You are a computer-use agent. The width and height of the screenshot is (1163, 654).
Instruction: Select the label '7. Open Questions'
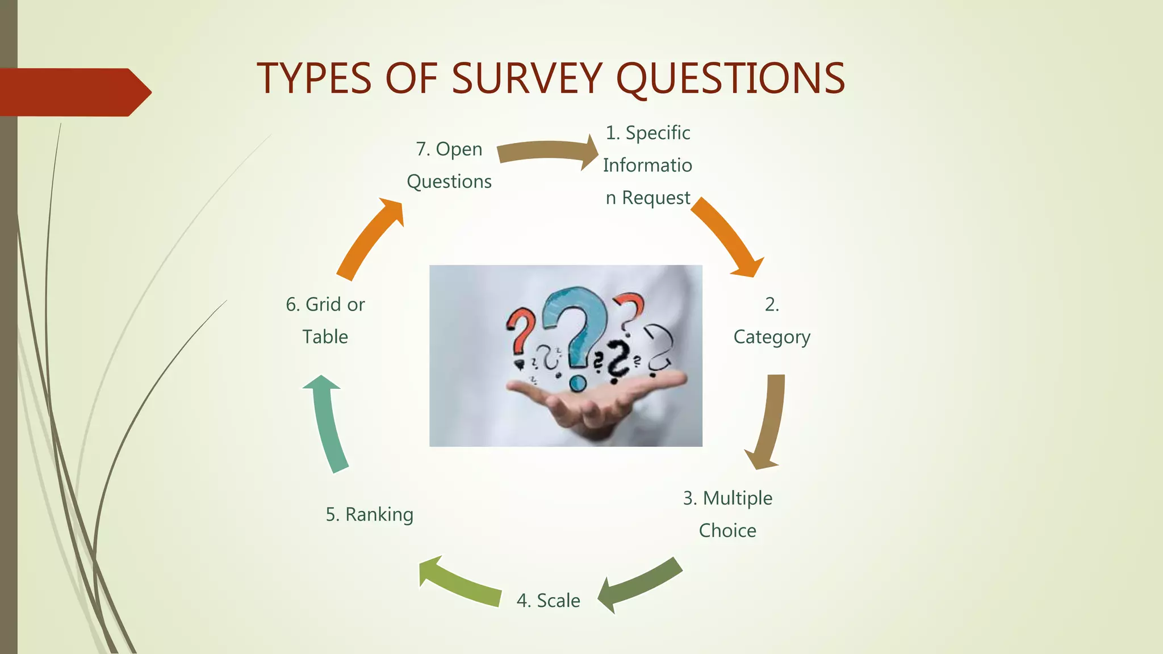tap(449, 165)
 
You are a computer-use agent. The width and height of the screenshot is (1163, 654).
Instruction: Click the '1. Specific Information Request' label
tap(647, 165)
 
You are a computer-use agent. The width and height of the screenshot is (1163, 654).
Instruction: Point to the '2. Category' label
tap(772, 321)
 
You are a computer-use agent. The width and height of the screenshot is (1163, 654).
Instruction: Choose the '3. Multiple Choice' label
tap(727, 514)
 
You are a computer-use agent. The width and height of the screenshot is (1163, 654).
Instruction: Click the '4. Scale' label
tap(548, 601)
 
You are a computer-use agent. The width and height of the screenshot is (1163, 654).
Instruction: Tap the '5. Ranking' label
tap(370, 514)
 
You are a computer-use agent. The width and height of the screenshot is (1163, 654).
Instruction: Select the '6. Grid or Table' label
tap(325, 321)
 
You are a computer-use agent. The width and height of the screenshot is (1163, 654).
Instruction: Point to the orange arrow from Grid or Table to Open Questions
tap(370, 238)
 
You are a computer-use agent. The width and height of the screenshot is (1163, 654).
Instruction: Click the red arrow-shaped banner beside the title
tap(74, 92)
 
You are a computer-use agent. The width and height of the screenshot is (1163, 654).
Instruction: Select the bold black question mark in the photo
tap(618, 360)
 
